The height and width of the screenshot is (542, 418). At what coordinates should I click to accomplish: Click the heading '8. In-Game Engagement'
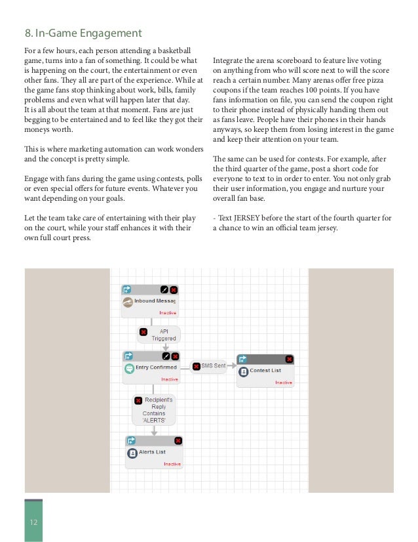tap(83, 32)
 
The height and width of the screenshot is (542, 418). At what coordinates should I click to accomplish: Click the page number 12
tap(33, 522)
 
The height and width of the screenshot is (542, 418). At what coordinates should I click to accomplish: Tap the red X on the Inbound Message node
tap(174, 289)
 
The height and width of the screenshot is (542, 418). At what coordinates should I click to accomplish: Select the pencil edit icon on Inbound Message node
tap(164, 289)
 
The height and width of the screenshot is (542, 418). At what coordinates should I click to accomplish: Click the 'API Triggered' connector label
tap(159, 335)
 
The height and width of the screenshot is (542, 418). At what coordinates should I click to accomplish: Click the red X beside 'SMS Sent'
tap(195, 365)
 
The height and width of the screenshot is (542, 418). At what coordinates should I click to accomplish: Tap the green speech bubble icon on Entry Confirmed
tap(129, 368)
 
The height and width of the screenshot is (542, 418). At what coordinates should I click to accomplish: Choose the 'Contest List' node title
tap(265, 371)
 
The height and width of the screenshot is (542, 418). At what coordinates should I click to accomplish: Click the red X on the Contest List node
tap(289, 359)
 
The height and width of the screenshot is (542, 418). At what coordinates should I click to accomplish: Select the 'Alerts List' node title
tap(151, 452)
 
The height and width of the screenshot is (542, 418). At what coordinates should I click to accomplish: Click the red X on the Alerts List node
tap(178, 440)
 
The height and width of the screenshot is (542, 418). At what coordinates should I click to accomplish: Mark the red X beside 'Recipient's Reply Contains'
tap(138, 400)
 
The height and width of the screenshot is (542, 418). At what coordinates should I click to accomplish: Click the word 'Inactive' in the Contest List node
tap(284, 383)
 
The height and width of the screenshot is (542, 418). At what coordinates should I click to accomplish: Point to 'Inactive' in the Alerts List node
tap(172, 464)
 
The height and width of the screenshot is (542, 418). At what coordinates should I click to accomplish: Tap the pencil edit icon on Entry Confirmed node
tap(166, 356)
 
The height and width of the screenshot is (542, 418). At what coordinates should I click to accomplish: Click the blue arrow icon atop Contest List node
tap(242, 359)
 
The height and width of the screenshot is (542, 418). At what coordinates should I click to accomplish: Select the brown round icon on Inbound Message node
tap(128, 301)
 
